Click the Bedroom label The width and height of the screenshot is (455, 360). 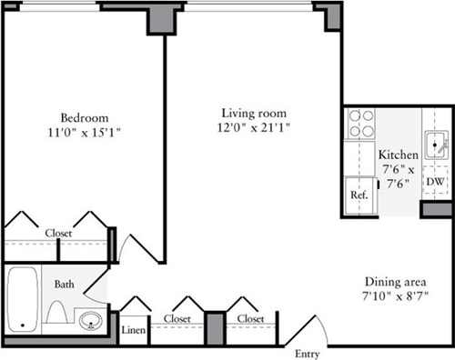[x=84, y=117]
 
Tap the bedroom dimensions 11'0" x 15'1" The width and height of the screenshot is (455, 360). [x=84, y=133]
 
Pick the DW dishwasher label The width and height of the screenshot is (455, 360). [x=436, y=182]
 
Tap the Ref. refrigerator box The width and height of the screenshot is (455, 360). [x=359, y=195]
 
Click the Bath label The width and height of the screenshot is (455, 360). [x=64, y=285]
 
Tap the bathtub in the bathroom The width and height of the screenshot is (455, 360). [x=21, y=300]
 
